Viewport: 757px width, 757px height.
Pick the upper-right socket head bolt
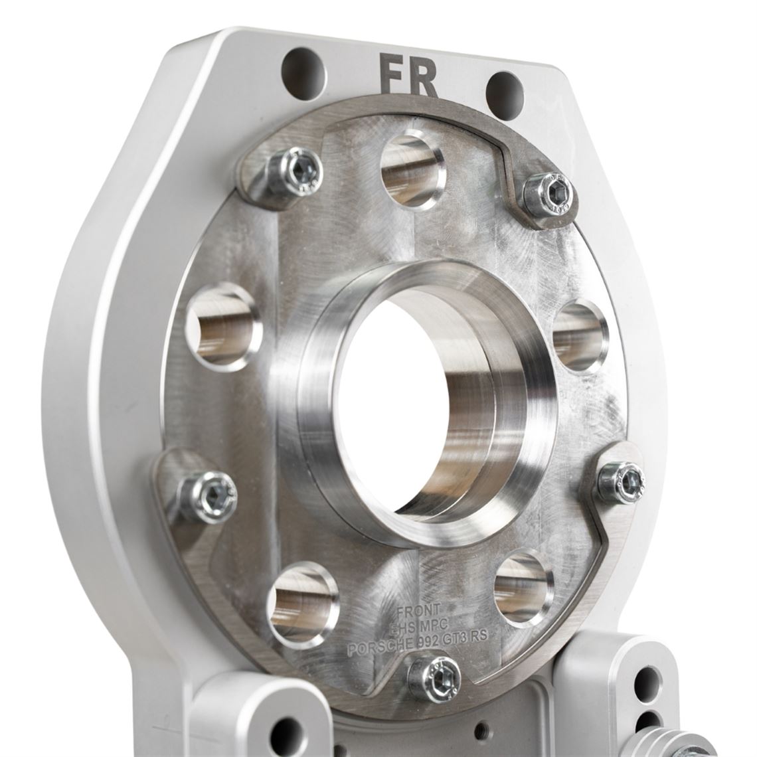click(x=548, y=194)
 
